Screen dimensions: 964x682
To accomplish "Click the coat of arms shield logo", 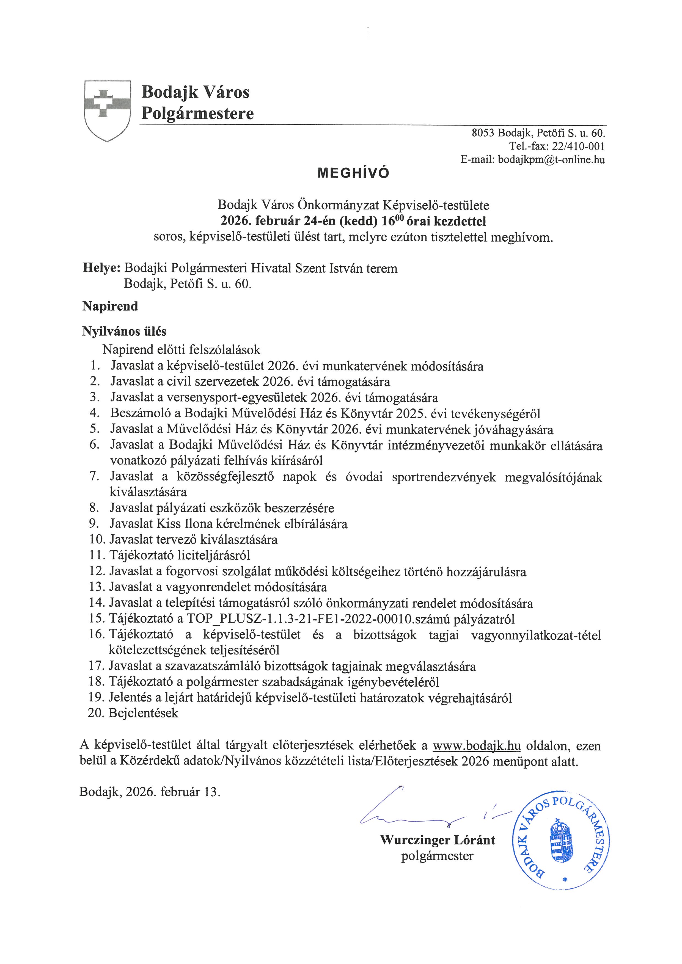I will pos(108,110).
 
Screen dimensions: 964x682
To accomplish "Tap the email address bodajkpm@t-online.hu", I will pos(551,159).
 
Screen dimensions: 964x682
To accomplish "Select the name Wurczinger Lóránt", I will pos(437,840).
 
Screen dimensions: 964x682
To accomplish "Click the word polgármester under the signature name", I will pos(437,856).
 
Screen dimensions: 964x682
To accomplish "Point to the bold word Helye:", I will pos(102,268).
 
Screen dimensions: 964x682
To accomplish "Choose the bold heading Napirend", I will pos(110,306).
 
